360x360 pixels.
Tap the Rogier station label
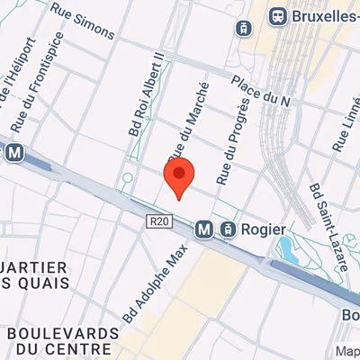coord(263,229)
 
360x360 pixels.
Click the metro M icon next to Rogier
coord(205,229)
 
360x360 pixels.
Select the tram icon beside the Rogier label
coord(228,229)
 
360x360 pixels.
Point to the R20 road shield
coord(158,221)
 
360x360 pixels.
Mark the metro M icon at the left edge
coord(13,154)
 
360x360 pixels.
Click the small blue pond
coord(285,245)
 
